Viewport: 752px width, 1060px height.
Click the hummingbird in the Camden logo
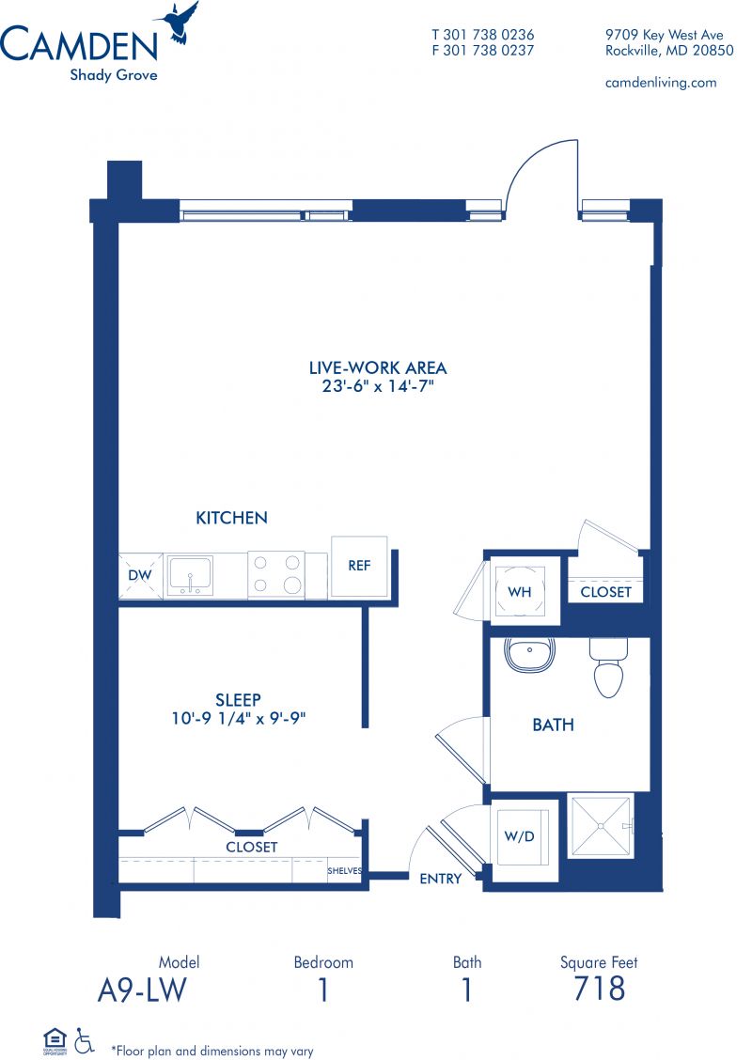177,23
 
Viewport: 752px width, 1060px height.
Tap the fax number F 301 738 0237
483,50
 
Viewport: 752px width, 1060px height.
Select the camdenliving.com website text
661,83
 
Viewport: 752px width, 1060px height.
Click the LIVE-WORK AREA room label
377,367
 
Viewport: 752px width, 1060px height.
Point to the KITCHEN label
231,518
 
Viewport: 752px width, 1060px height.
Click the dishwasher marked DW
141,576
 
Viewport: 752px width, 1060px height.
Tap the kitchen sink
191,576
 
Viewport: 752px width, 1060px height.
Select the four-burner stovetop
276,574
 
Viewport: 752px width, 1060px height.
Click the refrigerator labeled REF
359,567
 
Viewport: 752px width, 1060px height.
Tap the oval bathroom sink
529,654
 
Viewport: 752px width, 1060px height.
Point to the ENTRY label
440,878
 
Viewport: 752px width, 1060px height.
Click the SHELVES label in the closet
345,871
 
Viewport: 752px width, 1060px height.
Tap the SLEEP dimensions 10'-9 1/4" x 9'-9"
238,719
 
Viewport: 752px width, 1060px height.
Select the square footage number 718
599,989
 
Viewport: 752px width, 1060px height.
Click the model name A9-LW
141,990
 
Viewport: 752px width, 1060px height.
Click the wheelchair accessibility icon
85,1040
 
